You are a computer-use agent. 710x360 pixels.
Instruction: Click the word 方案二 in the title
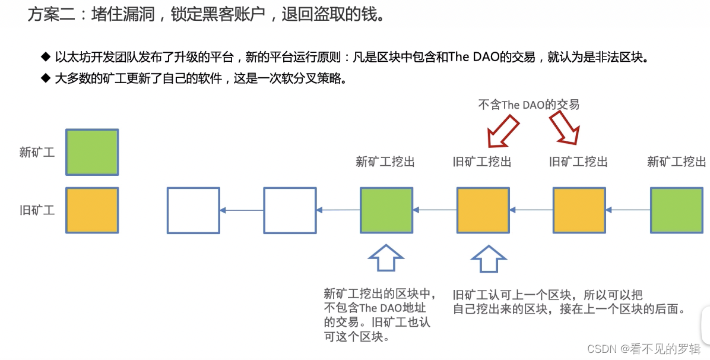point(52,14)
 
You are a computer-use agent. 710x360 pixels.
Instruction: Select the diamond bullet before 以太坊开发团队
point(46,57)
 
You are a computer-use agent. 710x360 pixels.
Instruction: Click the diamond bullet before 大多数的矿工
point(46,78)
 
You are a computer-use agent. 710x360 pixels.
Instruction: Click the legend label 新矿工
point(37,152)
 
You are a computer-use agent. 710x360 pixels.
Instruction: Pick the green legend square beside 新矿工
point(92,152)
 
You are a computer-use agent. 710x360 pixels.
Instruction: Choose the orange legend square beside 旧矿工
point(92,210)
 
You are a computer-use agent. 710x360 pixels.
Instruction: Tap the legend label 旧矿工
point(37,210)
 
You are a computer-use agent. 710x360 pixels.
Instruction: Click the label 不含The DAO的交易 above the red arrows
point(528,105)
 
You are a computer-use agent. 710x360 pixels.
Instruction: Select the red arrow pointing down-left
point(502,131)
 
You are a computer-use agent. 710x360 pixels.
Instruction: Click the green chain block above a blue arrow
point(386,210)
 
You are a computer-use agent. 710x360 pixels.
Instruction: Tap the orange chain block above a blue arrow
point(483,210)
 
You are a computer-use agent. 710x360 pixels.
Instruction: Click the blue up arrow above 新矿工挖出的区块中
point(386,258)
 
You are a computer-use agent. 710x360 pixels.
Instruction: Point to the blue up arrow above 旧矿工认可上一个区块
point(489,258)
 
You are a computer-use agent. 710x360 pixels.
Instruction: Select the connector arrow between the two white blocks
point(242,210)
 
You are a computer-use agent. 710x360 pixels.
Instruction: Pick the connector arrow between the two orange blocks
point(531,210)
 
